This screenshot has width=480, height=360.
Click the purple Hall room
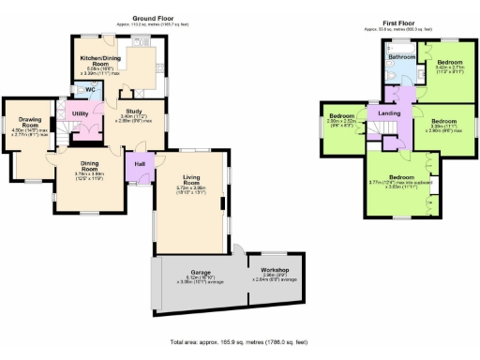pos(139,166)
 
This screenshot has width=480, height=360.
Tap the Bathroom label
pos(402,57)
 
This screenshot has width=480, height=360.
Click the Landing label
pos(389,114)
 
